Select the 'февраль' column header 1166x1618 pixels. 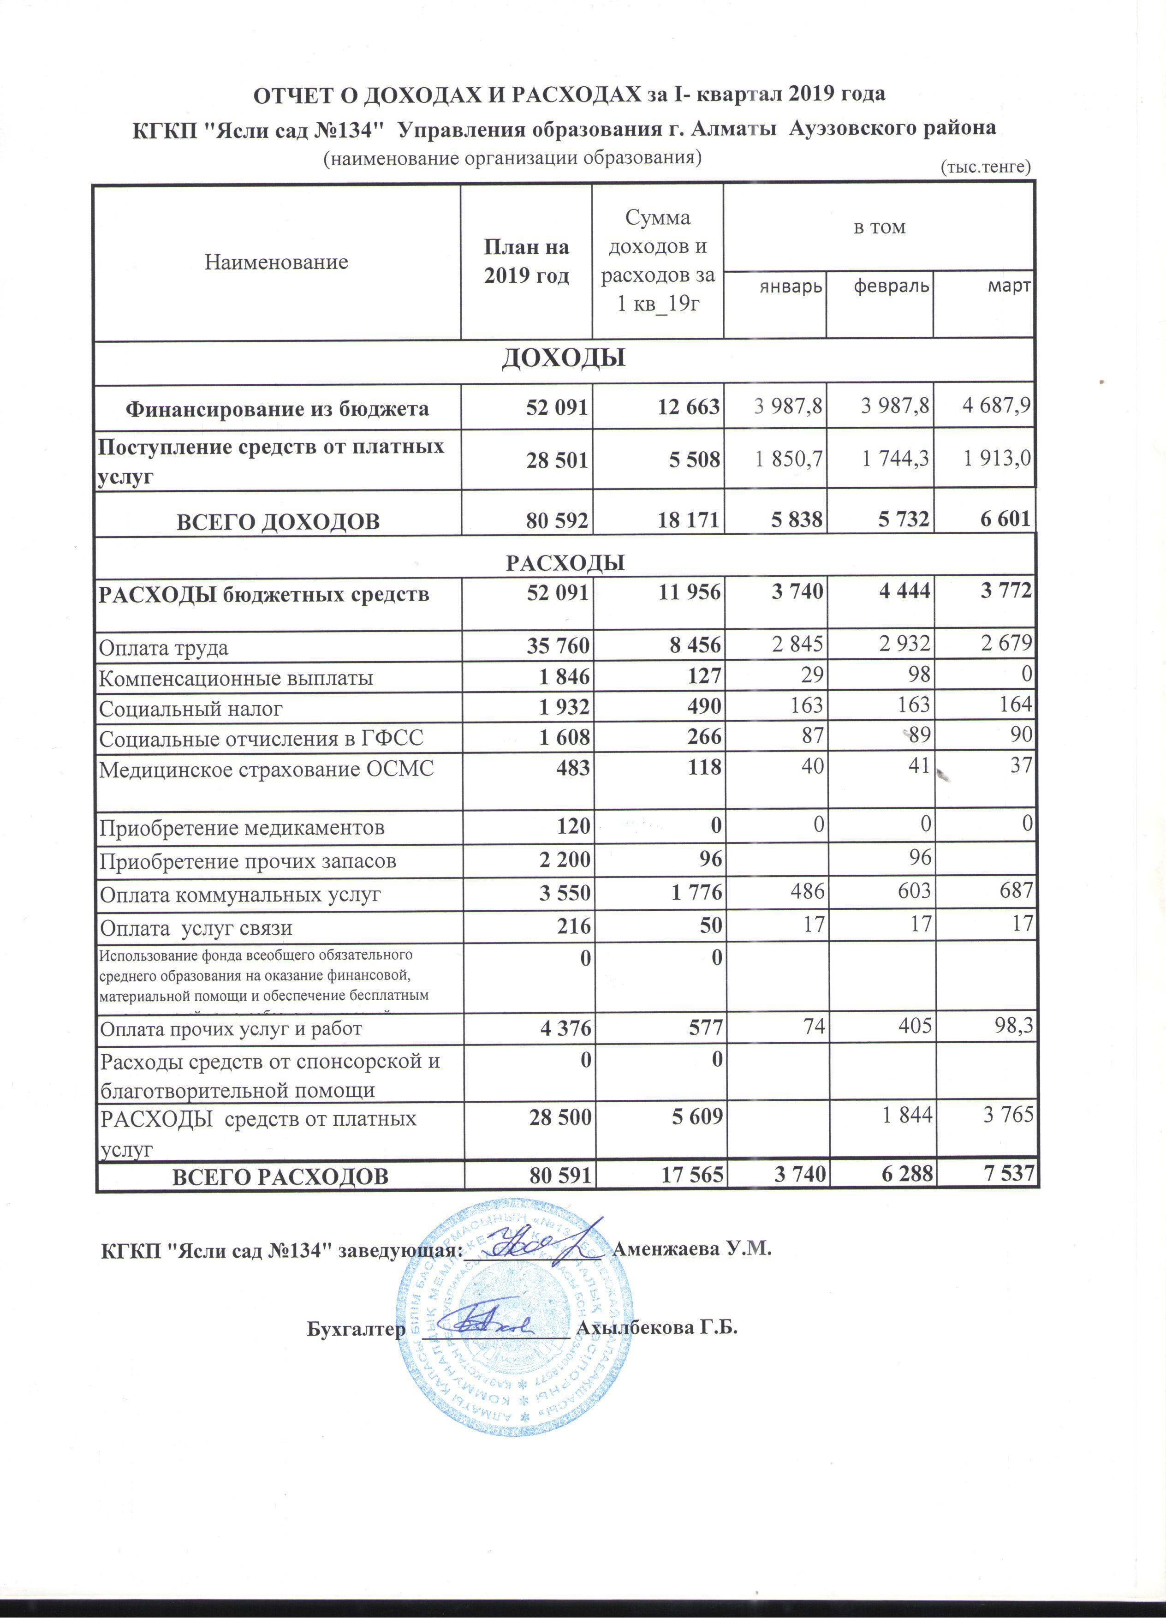892,287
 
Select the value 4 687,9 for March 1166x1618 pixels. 996,406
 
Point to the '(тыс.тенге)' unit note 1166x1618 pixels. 986,167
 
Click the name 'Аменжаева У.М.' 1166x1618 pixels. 692,1249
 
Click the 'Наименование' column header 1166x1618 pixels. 276,262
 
